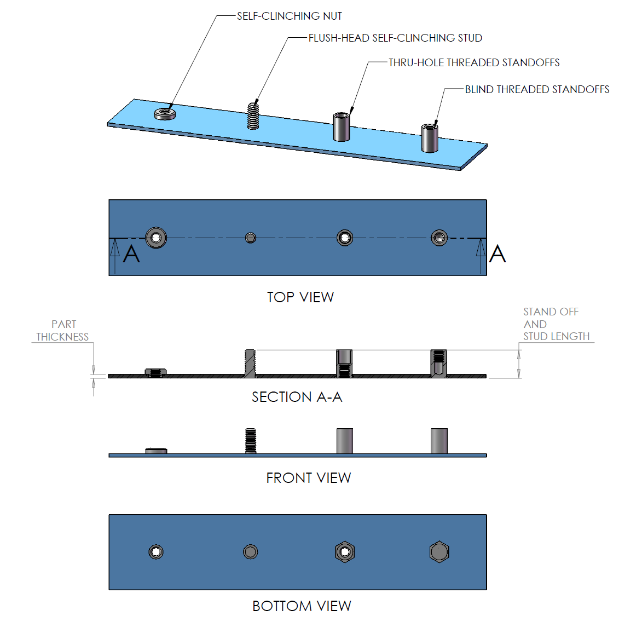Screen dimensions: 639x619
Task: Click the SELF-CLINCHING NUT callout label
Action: point(289,16)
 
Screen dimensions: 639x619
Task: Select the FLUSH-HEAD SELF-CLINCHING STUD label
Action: point(395,38)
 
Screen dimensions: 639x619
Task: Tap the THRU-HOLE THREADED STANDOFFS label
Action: point(474,62)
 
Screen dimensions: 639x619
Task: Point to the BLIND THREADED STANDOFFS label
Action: point(537,89)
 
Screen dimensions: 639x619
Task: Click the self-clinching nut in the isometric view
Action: point(165,114)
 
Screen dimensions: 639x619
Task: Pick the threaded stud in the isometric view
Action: point(253,116)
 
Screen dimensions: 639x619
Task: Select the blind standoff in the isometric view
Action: point(430,138)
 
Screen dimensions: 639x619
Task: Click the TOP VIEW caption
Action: point(300,297)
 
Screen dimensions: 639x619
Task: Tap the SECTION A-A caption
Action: point(297,397)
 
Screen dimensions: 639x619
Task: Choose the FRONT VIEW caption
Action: point(308,478)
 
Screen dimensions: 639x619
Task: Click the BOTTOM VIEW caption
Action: point(302,606)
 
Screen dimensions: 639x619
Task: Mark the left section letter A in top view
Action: point(131,255)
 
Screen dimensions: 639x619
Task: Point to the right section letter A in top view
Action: point(497,254)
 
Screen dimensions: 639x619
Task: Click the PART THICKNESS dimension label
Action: point(62,331)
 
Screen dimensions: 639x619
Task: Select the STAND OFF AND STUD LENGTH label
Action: point(556,324)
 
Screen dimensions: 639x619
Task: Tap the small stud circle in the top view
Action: point(251,238)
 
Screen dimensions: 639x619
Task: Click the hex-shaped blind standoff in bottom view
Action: point(439,552)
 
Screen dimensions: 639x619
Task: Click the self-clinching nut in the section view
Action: point(156,373)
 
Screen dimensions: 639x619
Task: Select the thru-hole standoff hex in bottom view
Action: point(345,552)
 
